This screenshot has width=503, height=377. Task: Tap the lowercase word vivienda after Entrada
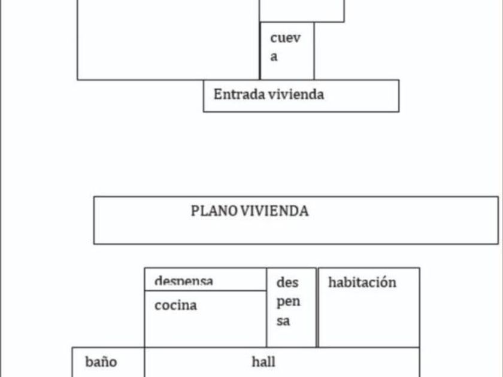click(296, 94)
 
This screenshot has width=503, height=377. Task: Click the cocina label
click(175, 305)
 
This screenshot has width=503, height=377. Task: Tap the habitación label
click(362, 282)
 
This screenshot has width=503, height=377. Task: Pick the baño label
click(101, 362)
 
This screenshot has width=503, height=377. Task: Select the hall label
click(263, 361)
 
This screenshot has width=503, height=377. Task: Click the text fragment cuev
click(285, 38)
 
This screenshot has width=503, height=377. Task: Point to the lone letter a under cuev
click(274, 57)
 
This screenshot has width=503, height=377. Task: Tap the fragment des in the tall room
click(287, 282)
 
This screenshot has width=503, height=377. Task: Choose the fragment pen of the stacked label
click(288, 301)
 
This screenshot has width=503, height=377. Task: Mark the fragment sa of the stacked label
click(283, 321)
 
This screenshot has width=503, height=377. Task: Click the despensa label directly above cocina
click(184, 280)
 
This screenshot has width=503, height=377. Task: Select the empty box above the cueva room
click(302, 10)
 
